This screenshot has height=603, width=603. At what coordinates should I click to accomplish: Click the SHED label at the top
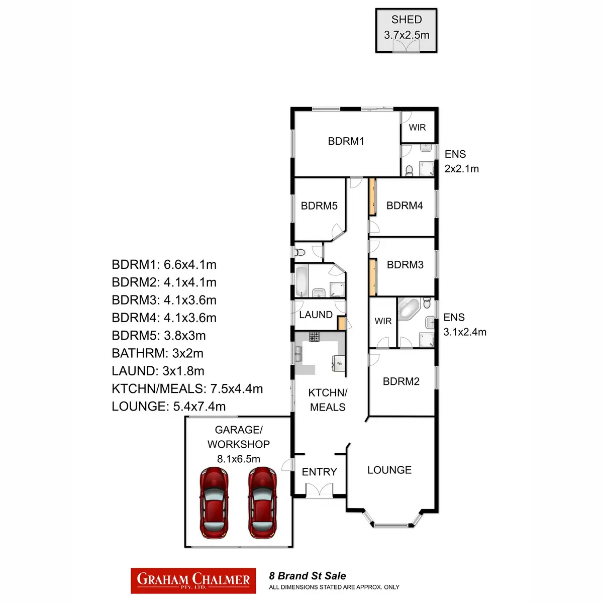pos(407,20)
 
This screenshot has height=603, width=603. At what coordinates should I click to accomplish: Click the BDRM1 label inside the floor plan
pos(346,141)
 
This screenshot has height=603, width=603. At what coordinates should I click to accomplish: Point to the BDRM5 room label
pos(319,206)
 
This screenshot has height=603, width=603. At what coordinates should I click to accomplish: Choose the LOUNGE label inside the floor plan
pos(389,470)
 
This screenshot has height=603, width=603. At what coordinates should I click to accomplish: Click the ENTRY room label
pos(319,472)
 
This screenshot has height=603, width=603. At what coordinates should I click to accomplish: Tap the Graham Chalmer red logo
pos(193,580)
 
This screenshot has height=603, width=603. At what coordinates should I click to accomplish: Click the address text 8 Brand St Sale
pos(308,576)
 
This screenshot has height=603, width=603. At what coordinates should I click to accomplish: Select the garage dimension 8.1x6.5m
pos(239,459)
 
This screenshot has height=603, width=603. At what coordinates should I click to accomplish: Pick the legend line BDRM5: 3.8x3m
pos(159,335)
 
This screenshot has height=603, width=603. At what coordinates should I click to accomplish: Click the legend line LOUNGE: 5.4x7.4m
pos(169,406)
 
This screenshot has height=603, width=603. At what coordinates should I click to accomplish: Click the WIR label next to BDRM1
pos(417,127)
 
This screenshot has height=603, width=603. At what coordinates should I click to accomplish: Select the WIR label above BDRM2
pos(383,321)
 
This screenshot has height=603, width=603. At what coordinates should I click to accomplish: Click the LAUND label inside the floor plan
pos(316,315)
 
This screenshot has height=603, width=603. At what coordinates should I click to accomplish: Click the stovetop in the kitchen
pos(315,337)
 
